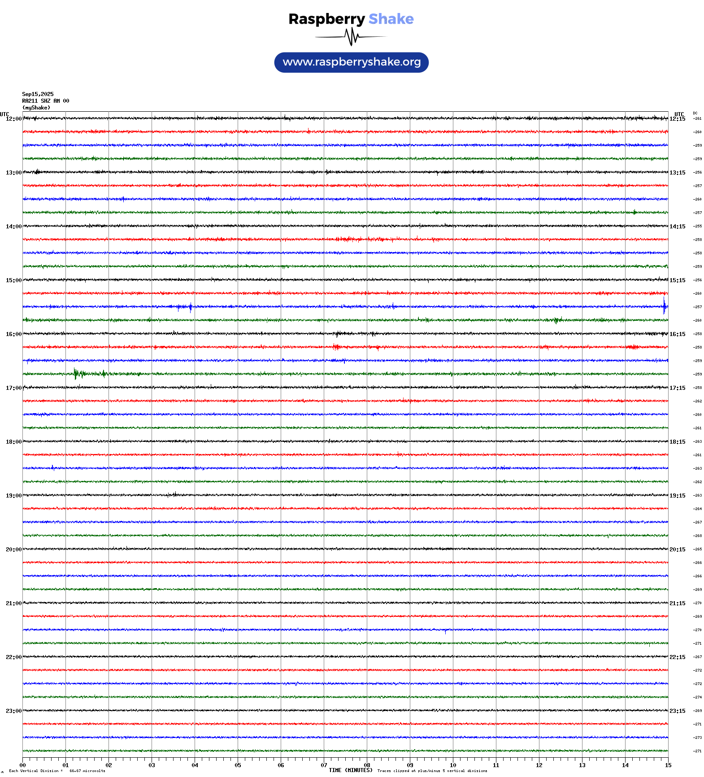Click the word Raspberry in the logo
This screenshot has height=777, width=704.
(x=326, y=19)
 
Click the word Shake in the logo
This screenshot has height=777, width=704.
(x=391, y=19)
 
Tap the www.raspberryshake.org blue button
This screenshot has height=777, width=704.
(x=352, y=62)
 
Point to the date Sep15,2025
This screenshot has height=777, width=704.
(x=38, y=94)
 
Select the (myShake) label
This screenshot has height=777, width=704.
(x=36, y=108)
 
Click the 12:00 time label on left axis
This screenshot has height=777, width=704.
(x=13, y=119)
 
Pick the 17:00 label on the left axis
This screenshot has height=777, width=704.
(x=13, y=388)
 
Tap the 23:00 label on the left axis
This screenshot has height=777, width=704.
(x=13, y=711)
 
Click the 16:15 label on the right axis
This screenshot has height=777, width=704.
(x=677, y=334)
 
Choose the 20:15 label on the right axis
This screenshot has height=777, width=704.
(x=677, y=550)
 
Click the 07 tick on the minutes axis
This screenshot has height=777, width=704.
(x=324, y=765)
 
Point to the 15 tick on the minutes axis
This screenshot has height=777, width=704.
(x=668, y=765)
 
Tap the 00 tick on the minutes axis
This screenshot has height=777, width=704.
(x=22, y=765)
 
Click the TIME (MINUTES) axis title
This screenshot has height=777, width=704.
(x=350, y=770)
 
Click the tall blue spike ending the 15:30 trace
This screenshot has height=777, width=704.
(x=664, y=306)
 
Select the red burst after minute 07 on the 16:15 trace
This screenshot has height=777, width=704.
(x=336, y=346)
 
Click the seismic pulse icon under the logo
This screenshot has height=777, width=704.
(x=352, y=37)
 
